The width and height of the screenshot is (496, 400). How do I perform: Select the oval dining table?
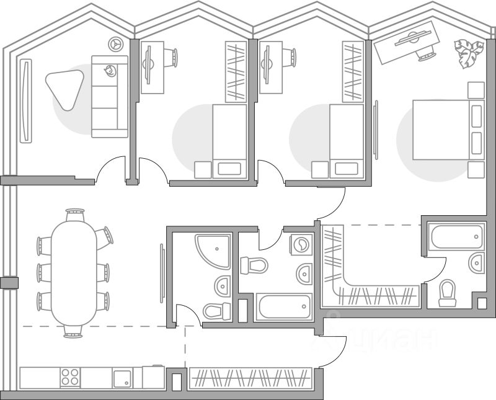(74, 273)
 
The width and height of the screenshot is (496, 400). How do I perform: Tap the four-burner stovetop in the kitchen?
(70, 377)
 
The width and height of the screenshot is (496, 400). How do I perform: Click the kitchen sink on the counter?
(122, 378)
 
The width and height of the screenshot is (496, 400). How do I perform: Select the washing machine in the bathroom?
(301, 244)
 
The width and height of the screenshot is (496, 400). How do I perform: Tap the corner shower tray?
(211, 249)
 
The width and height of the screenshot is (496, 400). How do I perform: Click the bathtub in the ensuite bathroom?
(456, 238)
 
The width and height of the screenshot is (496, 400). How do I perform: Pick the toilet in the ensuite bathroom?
(446, 293)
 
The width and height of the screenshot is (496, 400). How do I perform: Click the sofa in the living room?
(110, 96)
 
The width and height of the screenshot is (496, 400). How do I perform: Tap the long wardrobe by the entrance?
(249, 378)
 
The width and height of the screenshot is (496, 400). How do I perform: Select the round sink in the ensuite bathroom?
(476, 262)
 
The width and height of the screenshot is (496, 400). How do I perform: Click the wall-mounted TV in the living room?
(25, 100)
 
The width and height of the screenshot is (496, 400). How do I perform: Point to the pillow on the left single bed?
(229, 168)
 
